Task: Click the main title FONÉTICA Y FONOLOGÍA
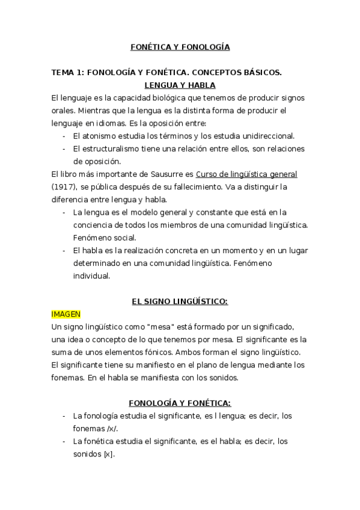(180, 46)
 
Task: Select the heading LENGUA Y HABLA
(180, 85)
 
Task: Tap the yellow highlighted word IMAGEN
(66, 313)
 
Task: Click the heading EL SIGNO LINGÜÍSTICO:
(180, 301)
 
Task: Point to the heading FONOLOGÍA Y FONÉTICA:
(180, 402)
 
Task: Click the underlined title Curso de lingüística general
(246, 174)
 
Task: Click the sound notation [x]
(108, 453)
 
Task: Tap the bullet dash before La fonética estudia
(64, 441)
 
